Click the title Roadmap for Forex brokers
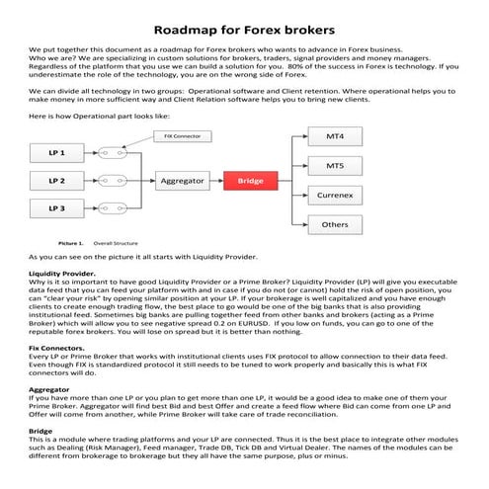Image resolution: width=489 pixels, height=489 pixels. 244,30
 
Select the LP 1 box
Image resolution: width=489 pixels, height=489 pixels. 56,153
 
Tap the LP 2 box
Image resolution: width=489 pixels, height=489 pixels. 56,181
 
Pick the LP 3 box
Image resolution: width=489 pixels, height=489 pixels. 56,208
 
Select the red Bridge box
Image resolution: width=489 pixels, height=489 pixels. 250,181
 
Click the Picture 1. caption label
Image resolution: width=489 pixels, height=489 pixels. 70,241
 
